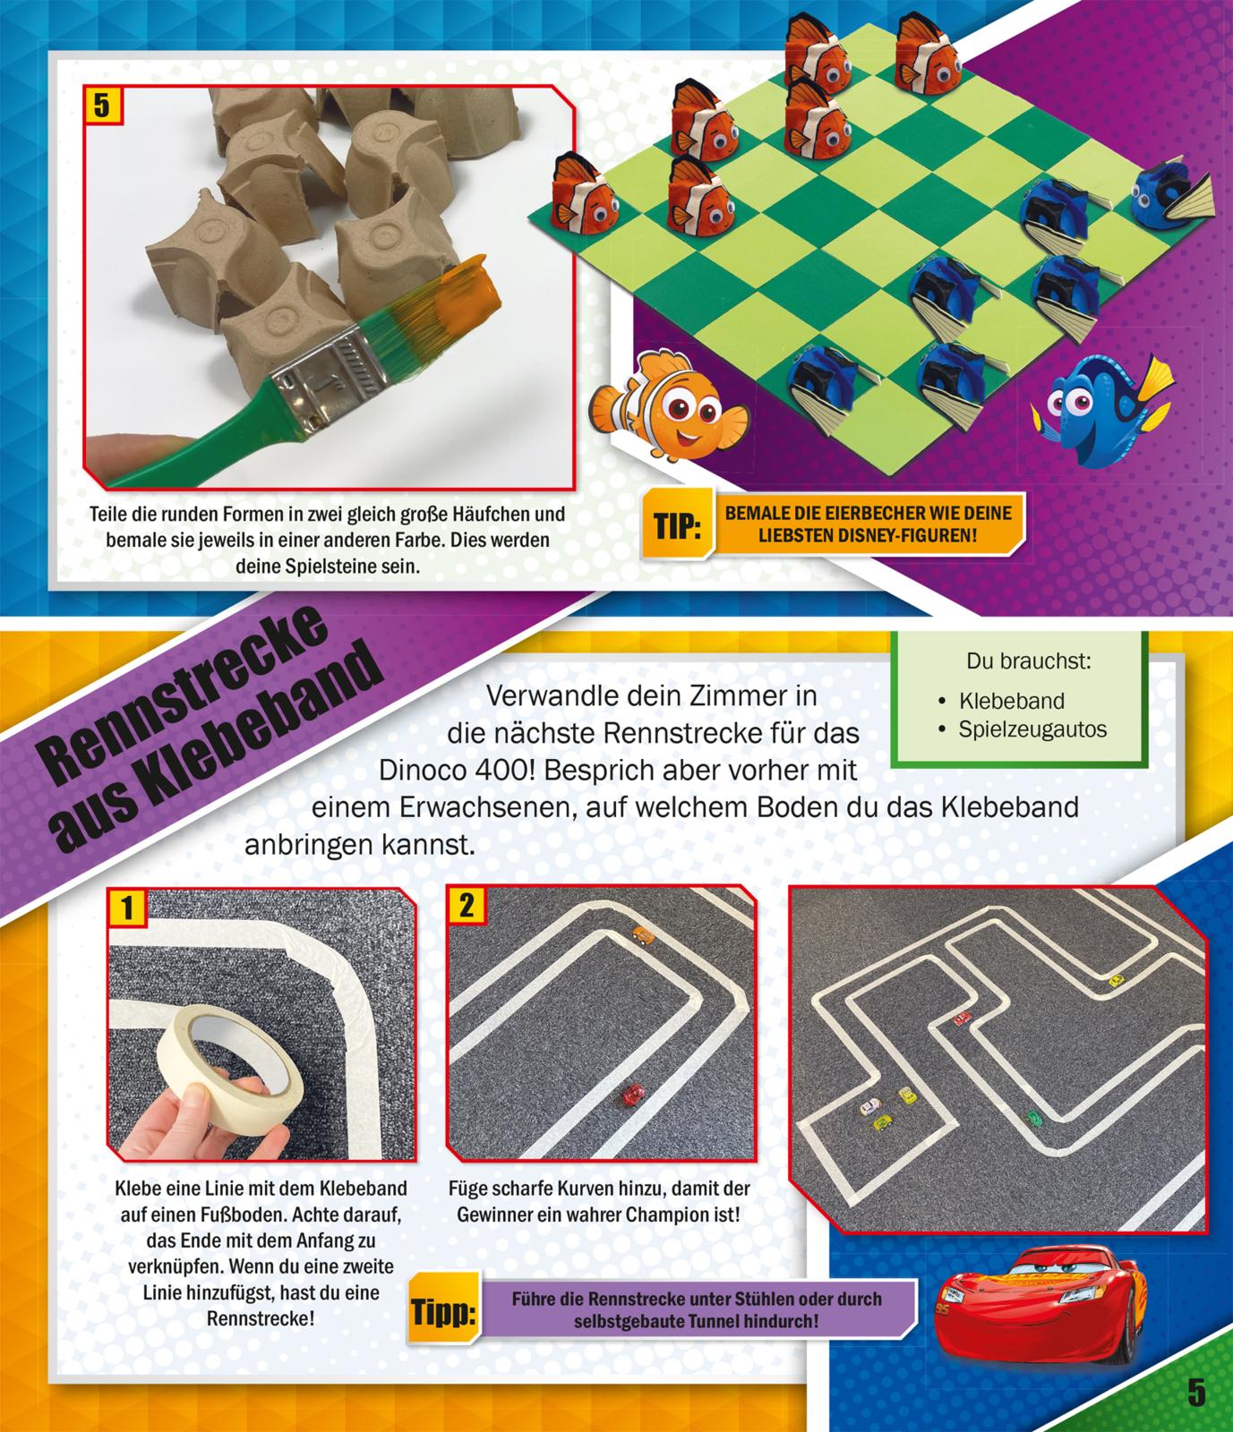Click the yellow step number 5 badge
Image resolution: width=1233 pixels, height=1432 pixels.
click(x=100, y=107)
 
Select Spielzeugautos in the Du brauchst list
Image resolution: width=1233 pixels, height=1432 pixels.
click(x=1032, y=729)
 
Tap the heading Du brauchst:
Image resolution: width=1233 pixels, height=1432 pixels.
click(x=1028, y=662)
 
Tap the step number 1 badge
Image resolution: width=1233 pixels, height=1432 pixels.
click(x=126, y=908)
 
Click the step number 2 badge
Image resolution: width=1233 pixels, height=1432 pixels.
click(x=465, y=906)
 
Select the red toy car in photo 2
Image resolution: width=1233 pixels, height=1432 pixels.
click(x=633, y=1095)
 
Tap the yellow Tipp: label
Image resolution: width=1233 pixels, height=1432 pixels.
click(x=442, y=1315)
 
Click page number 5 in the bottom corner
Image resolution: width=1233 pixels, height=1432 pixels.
click(x=1196, y=1393)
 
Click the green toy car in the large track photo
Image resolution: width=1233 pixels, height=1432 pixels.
click(x=1034, y=1116)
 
